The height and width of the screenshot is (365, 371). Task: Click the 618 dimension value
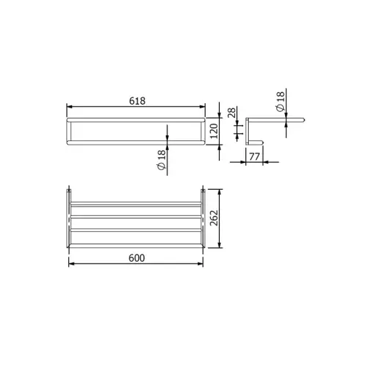pyautogui.click(x=137, y=101)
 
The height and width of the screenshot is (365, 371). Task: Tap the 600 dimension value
pyautogui.click(x=137, y=258)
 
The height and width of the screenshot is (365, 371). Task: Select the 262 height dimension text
pyautogui.click(x=214, y=218)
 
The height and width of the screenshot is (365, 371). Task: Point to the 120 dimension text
pyautogui.click(x=214, y=131)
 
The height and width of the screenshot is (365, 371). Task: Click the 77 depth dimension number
pyautogui.click(x=255, y=156)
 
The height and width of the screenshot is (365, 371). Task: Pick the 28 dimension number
pyautogui.click(x=231, y=113)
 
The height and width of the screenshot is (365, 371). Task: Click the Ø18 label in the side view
pyautogui.click(x=280, y=102)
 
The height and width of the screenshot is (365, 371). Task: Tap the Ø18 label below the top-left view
pyautogui.click(x=161, y=160)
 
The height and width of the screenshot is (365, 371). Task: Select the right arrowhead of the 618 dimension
pyautogui.click(x=202, y=107)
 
